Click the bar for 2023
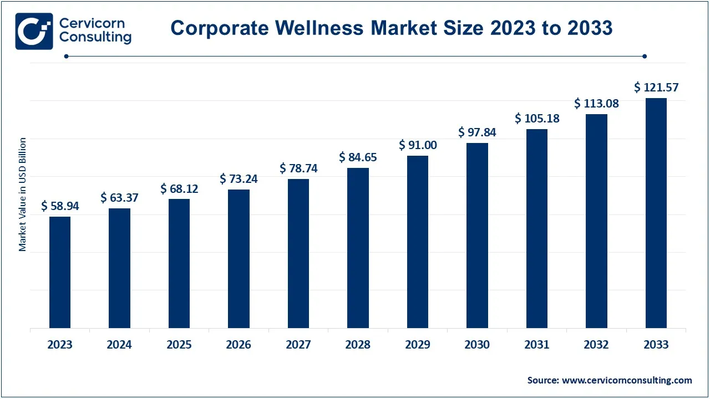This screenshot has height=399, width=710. point(60,272)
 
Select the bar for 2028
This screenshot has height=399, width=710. point(358,248)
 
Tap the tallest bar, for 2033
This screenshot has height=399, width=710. point(656,213)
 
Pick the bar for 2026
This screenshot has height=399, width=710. point(239,258)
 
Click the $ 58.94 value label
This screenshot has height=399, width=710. point(60,206)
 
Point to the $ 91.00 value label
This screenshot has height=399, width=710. point(418,145)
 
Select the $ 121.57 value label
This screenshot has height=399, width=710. point(656,88)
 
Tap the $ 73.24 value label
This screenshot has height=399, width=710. point(239,178)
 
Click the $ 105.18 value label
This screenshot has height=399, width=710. point(537,119)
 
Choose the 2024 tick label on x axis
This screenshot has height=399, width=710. point(119,345)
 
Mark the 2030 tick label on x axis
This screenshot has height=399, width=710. point(477,345)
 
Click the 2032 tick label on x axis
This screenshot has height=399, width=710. point(596,345)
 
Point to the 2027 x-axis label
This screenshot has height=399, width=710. point(298,345)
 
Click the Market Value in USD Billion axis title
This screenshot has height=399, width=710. point(23,194)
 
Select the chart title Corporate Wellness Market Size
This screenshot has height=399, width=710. point(391,28)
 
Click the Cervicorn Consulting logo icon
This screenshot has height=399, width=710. point(34,31)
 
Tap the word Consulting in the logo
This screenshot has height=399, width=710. point(95,38)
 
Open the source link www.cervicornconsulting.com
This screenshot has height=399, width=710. point(627,380)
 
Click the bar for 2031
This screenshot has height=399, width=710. point(537,228)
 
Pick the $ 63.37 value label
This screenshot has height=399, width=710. point(119,197)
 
